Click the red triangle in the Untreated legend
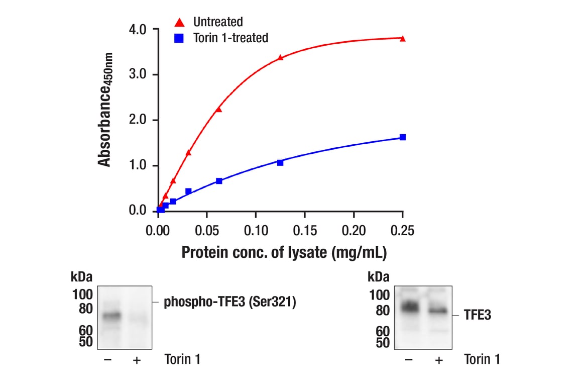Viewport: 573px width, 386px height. [x=179, y=22]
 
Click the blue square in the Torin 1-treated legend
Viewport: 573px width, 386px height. [x=179, y=38]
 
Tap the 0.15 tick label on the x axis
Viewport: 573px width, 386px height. [x=305, y=231]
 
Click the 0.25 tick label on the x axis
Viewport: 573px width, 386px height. [x=402, y=231]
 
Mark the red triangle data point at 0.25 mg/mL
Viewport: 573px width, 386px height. [x=402, y=38]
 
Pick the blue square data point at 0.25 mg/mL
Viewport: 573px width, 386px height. [x=402, y=137]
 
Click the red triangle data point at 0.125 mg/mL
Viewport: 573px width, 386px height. [x=280, y=57]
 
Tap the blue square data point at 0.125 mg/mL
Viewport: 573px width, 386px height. [x=280, y=162]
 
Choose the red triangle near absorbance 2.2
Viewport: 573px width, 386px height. [x=218, y=109]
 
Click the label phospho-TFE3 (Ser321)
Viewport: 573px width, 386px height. [x=230, y=303]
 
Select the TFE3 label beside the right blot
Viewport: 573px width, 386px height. [x=477, y=316]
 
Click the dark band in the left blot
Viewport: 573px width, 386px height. [x=111, y=316]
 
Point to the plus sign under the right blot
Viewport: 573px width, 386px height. [x=438, y=360]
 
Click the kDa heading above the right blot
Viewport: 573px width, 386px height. [x=378, y=277]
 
